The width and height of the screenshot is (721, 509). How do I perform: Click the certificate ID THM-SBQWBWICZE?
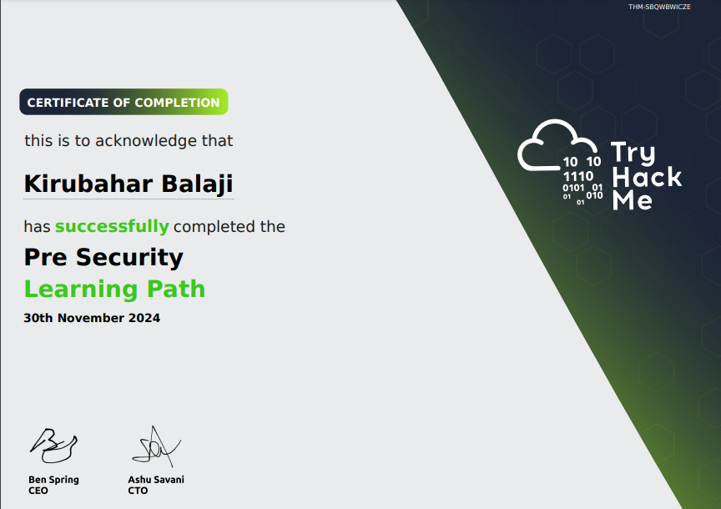click(659, 7)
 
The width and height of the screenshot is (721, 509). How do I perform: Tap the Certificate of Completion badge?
click(124, 102)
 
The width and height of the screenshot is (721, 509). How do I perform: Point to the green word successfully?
click(112, 227)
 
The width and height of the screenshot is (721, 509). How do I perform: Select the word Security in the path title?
click(129, 258)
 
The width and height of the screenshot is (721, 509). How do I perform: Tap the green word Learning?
click(81, 290)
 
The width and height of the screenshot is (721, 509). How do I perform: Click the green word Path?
click(176, 289)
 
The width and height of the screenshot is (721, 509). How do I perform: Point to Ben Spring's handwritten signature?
click(53, 445)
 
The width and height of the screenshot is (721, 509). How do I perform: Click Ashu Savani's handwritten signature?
click(156, 446)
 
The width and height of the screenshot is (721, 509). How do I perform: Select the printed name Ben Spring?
click(53, 480)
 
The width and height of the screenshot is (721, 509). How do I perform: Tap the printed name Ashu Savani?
click(156, 480)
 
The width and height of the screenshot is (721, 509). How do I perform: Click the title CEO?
click(38, 491)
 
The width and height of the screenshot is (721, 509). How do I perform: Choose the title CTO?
click(138, 491)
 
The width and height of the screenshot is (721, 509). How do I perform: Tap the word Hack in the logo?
click(647, 178)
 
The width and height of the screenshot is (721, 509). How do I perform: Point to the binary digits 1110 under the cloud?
click(578, 176)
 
